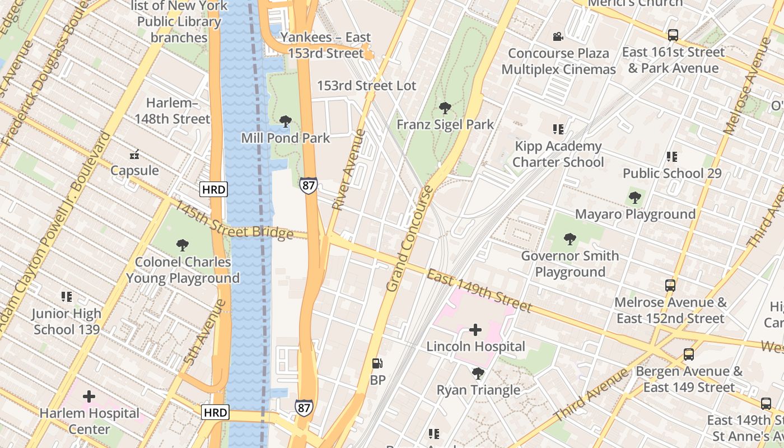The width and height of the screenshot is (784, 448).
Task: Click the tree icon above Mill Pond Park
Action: point(286,121)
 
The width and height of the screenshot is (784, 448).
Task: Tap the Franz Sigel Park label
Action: point(445,124)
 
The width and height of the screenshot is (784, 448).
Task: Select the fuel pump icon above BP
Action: point(378,363)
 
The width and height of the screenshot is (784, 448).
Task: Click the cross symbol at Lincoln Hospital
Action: point(475,330)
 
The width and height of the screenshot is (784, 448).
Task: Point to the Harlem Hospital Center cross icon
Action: point(89,397)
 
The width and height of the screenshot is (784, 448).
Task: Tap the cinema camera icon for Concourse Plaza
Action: point(558,37)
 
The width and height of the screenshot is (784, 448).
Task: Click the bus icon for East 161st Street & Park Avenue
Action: point(673,35)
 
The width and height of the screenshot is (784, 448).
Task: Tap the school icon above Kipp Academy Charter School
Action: point(558,129)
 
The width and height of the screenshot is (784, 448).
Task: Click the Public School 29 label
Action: point(672,173)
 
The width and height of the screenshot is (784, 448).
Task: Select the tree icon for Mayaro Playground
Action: point(634,198)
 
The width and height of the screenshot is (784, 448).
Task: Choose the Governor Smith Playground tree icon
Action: point(570,239)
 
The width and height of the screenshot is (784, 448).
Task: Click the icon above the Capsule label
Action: point(134,154)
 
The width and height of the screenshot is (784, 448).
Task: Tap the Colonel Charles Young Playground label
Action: point(183,270)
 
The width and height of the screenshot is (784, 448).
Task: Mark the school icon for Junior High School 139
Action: point(67,297)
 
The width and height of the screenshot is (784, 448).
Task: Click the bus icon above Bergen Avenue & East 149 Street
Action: point(688,354)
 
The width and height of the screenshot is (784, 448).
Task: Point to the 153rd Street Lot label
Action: point(367,86)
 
